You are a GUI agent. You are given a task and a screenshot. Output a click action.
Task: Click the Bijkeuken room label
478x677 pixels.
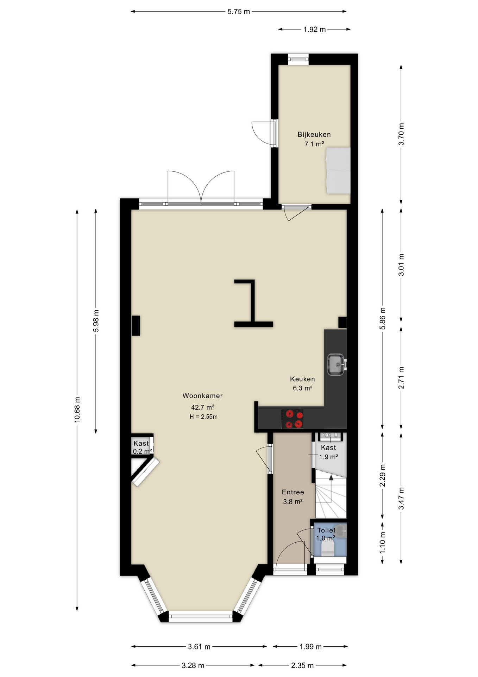(314, 134)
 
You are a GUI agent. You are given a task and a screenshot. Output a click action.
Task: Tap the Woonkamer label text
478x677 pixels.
(202, 396)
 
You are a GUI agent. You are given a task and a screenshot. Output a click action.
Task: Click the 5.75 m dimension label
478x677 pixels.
(239, 12)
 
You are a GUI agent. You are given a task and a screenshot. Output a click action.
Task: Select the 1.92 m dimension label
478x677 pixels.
(315, 30)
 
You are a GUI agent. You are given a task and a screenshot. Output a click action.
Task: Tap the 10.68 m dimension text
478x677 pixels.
(77, 409)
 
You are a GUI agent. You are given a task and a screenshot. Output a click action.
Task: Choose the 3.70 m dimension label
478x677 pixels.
(401, 134)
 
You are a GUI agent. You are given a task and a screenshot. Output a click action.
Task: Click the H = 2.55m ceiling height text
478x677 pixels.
(203, 417)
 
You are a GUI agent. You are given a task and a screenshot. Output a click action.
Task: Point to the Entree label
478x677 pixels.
(293, 492)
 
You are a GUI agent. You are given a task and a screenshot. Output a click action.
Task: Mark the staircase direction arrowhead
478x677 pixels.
(331, 477)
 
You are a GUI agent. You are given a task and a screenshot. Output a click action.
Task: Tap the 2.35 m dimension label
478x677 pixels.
(302, 665)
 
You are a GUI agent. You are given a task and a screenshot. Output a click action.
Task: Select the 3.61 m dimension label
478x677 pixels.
(199, 646)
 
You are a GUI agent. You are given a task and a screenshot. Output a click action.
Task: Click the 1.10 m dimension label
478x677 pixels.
(383, 542)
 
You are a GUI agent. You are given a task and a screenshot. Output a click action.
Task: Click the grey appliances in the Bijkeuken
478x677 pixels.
(338, 171)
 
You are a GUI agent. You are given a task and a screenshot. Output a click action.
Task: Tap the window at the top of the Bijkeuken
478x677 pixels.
(298, 59)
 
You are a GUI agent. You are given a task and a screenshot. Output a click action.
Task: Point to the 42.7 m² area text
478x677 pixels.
(203, 407)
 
